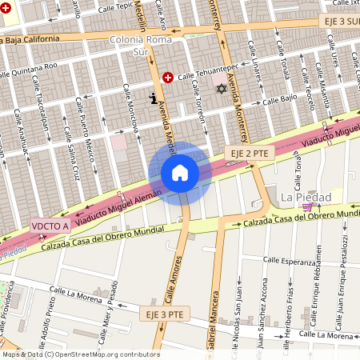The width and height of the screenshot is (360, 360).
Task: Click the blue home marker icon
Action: (180, 173)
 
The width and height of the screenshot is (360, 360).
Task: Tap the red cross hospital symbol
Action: (168, 78)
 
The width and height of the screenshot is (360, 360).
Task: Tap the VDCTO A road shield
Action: (50, 226)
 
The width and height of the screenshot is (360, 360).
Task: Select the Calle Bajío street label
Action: (278, 101)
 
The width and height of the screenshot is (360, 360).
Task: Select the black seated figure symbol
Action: (153, 99)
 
